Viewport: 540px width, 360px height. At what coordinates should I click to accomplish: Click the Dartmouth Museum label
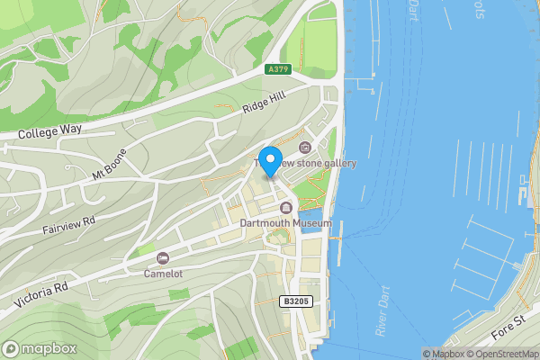(x=286, y=223)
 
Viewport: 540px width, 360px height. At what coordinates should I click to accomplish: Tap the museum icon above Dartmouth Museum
(x=286, y=209)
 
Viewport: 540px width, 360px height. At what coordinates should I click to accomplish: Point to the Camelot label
(x=164, y=273)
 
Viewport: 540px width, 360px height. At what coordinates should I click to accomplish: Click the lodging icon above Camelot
(x=163, y=258)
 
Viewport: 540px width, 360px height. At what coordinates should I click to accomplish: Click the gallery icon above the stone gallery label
(x=304, y=148)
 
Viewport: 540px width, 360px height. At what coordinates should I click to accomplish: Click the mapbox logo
(x=37, y=348)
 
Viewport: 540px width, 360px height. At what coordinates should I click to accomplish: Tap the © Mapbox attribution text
(x=441, y=354)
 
